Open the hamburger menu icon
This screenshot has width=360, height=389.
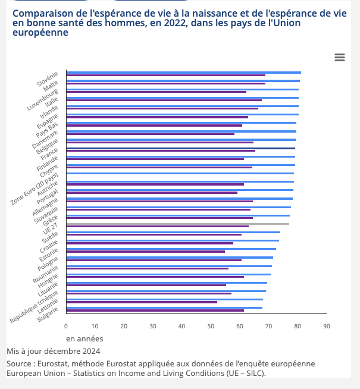[340, 57]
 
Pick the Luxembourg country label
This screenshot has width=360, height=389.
[43, 99]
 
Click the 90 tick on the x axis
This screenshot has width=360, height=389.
[326, 326]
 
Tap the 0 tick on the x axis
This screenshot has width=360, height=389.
[66, 326]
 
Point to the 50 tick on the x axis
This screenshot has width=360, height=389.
[211, 326]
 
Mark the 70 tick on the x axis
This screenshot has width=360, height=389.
[268, 326]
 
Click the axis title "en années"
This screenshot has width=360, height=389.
[84, 338]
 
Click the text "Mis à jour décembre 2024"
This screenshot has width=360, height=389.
[54, 351]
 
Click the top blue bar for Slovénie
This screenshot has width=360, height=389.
[183, 72]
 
